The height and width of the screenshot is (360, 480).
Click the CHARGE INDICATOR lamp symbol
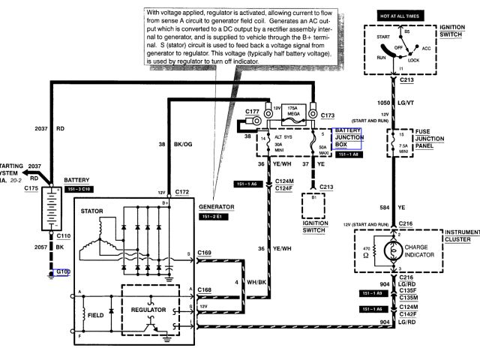390,250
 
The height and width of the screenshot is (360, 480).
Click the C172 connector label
182,193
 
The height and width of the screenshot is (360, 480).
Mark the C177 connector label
253,112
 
